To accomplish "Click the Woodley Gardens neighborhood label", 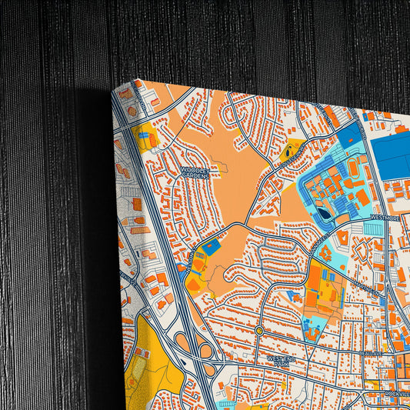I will point(195,172).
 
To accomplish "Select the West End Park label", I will point(281,359).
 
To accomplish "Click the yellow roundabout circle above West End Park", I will point(259,330).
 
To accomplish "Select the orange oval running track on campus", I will point(354,167).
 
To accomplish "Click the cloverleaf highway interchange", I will point(197,346).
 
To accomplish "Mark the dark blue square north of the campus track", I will point(349,137).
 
